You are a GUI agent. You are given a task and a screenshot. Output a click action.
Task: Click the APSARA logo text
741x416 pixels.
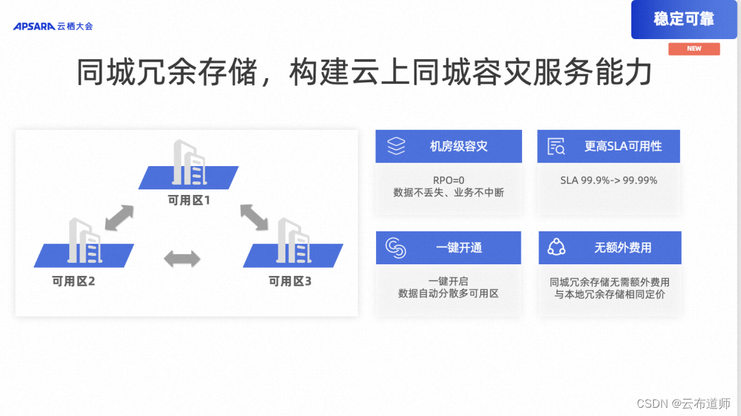point(34,26)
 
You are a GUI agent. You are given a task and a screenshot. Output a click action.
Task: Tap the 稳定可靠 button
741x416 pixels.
point(683,19)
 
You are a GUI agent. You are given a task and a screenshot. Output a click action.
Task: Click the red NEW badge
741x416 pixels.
point(694,49)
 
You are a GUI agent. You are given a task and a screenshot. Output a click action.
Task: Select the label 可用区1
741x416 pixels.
point(189,201)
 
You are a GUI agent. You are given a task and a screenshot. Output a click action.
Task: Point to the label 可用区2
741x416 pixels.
point(73,281)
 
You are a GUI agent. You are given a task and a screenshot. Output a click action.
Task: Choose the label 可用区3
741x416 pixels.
point(290,281)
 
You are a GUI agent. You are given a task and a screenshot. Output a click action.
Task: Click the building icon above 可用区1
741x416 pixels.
point(189,163)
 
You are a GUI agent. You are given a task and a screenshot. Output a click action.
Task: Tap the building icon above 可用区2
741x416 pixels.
point(85,241)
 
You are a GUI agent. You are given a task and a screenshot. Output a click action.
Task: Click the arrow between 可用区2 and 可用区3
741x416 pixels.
point(183,259)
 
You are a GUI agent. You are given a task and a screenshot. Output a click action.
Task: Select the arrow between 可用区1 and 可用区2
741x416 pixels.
point(119,218)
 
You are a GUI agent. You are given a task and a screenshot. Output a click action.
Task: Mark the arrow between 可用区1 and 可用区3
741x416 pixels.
point(254,217)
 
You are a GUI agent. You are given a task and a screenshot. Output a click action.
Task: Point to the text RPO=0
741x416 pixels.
point(448,181)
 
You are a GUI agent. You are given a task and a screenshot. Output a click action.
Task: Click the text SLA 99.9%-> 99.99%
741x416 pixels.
point(609,181)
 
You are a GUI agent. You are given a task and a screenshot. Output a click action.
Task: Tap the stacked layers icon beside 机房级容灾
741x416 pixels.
point(397,146)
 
